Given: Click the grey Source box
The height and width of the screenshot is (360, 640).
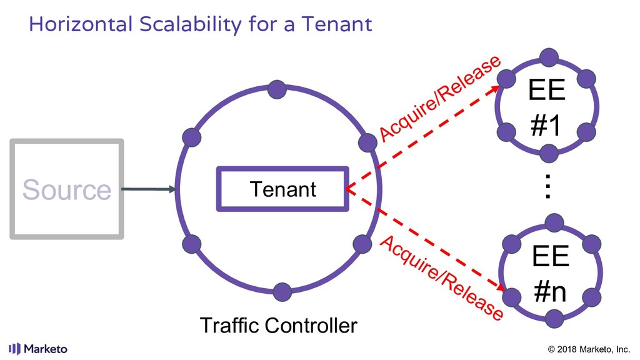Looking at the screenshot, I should coord(66,189).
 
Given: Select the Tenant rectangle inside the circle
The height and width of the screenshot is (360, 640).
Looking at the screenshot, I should coord(282,189).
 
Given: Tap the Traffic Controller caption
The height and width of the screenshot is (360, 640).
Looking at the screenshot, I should coord(278,326).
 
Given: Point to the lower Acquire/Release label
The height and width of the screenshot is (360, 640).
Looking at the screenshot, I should coord(441,278).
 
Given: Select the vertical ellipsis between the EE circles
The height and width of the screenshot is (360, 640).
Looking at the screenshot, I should coord(548,186).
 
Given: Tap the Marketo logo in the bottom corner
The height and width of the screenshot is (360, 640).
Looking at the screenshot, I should coord(38,348).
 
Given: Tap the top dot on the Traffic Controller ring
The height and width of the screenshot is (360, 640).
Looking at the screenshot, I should coord(277,89).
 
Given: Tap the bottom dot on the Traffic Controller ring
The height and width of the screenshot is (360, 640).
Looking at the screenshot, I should coord(282,291).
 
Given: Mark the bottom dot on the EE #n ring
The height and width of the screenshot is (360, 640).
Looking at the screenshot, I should coord(552,319).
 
